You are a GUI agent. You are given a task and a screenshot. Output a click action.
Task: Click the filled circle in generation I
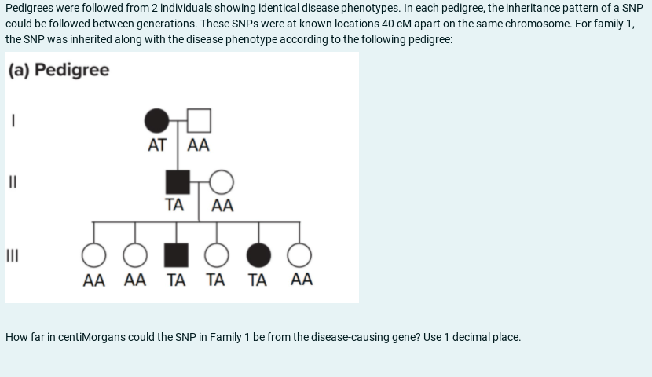pos(157,120)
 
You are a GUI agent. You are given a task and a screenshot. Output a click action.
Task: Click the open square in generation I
pos(200,120)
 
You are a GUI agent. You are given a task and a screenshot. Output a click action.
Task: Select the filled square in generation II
pos(178,181)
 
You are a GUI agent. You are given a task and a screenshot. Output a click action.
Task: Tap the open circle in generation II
pos(222,181)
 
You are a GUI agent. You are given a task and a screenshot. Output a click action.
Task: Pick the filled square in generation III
pos(176,255)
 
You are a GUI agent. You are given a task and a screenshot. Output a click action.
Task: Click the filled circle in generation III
pos(258,255)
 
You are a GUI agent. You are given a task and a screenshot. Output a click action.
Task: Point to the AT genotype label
pos(157,145)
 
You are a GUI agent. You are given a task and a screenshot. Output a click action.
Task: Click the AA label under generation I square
pos(200,145)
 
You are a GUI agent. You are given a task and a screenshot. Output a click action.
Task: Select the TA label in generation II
pos(174,206)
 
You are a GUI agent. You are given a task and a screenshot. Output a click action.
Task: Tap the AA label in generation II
pos(222,206)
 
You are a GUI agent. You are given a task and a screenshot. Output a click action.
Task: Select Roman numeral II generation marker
pos(13,181)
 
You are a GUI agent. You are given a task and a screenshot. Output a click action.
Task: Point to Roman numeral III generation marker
pos(13,255)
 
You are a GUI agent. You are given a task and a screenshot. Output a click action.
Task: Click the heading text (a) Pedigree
pos(60,70)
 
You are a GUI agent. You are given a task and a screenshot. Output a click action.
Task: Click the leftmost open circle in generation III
pos(94,255)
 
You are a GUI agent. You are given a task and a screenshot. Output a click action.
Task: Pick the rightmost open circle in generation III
pos(299,255)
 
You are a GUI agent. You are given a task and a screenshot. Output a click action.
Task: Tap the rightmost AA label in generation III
pos(301,279)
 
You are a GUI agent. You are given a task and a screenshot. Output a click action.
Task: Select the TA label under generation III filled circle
pos(258,279)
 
